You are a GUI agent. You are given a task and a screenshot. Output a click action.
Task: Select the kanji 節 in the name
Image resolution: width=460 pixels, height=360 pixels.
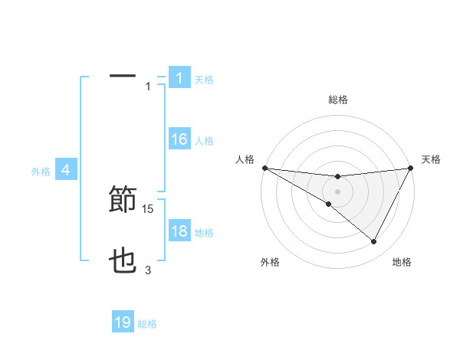pyautogui.click(x=123, y=200)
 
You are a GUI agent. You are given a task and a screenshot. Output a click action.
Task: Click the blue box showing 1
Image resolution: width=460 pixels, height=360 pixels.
pyautogui.click(x=179, y=77)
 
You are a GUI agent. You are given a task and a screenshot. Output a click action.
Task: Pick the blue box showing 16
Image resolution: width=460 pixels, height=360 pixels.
pyautogui.click(x=179, y=139)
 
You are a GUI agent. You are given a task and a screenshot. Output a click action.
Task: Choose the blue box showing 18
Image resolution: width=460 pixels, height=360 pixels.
pyautogui.click(x=179, y=231)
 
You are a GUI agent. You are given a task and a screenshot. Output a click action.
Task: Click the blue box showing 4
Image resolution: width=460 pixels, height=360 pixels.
pyautogui.click(x=66, y=170)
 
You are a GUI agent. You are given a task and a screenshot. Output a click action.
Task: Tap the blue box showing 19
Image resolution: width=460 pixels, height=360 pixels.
pyautogui.click(x=123, y=322)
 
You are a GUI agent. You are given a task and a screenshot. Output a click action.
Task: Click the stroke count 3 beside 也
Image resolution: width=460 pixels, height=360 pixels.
pyautogui.click(x=148, y=270)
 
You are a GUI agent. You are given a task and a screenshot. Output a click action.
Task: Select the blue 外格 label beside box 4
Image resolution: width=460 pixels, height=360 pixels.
pyautogui.click(x=41, y=172)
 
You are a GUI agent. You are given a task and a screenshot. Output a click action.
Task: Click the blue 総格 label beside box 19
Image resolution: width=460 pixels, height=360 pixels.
pyautogui.click(x=147, y=324)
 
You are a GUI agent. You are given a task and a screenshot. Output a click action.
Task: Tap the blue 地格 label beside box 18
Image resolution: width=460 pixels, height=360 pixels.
pyautogui.click(x=204, y=232)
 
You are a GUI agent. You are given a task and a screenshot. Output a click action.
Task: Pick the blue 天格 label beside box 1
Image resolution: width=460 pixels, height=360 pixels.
pyautogui.click(x=204, y=79)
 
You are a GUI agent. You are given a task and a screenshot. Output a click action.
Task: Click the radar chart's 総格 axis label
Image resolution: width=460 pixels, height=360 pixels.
pyautogui.click(x=338, y=100)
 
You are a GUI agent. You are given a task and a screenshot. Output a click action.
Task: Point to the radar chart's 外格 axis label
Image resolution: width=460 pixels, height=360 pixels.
pyautogui.click(x=270, y=262)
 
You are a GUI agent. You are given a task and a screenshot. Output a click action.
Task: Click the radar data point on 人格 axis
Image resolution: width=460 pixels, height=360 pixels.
pyautogui.click(x=264, y=168)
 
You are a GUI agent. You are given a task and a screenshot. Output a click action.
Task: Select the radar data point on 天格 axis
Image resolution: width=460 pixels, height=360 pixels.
pyautogui.click(x=410, y=168)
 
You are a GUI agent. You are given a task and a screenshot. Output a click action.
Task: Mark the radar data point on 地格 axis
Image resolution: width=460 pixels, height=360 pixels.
pyautogui.click(x=374, y=242)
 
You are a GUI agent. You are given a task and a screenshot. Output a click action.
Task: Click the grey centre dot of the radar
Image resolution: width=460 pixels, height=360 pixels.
pyautogui.click(x=337, y=191)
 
